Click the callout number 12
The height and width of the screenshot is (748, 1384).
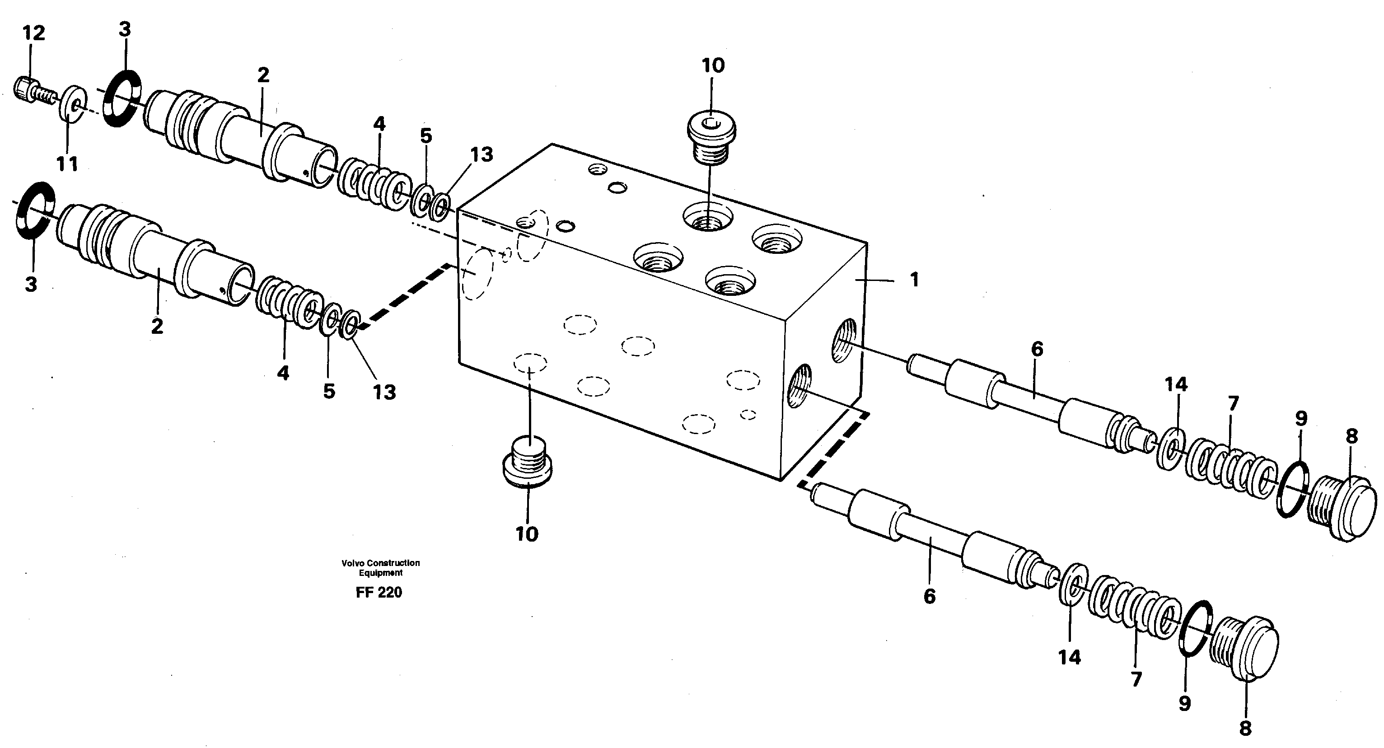click(33, 33)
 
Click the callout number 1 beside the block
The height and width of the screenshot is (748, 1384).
click(914, 280)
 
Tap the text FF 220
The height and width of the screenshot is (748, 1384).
click(379, 593)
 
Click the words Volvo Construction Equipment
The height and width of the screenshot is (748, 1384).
click(380, 567)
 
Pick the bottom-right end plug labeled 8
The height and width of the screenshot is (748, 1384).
click(1245, 649)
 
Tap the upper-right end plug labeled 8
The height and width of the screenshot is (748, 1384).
click(1342, 505)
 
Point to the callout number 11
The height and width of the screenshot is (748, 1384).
click(67, 164)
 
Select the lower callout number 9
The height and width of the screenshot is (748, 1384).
click(1185, 703)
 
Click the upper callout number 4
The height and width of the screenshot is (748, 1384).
click(379, 124)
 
